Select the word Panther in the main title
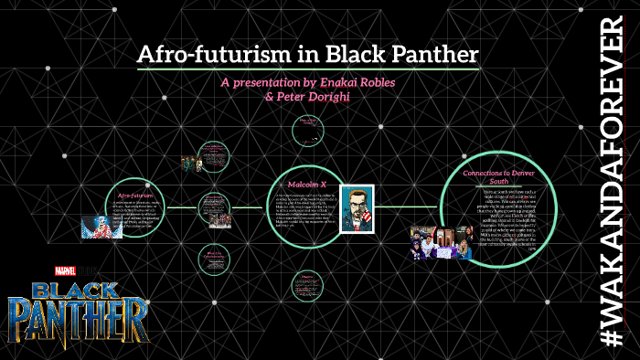pyautogui.click(x=431, y=55)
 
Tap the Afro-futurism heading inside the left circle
pyautogui.click(x=135, y=195)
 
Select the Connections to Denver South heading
pyautogui.click(x=498, y=177)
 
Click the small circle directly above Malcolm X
pyautogui.click(x=307, y=131)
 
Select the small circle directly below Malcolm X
pyautogui.click(x=307, y=286)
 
